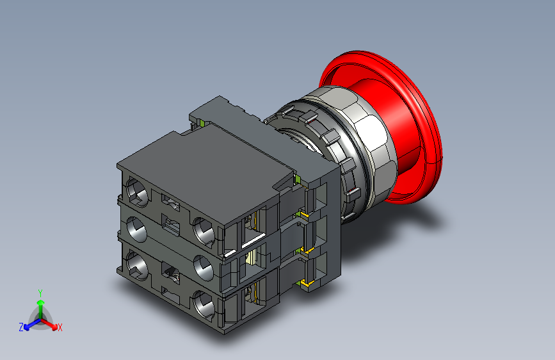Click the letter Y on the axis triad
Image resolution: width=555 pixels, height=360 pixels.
point(40,293)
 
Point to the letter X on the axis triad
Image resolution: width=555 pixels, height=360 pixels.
point(60,328)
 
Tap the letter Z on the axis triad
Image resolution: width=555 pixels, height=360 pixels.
point(21,327)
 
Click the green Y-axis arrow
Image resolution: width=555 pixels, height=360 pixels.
point(41,309)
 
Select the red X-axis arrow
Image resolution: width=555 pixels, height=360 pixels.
point(49,324)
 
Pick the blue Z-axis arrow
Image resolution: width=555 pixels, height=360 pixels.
point(31,324)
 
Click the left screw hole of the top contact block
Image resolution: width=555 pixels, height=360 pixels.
point(137,192)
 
